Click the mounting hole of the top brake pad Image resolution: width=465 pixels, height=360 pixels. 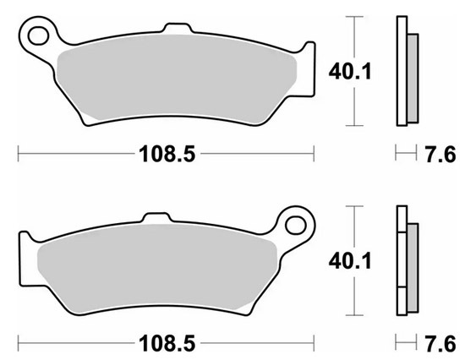click(38, 35)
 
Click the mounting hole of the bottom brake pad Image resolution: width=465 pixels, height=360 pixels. click(296, 225)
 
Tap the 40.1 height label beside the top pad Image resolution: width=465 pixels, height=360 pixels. click(350, 72)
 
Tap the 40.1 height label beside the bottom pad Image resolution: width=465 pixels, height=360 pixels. click(350, 261)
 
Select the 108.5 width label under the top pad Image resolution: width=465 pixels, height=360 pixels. click(167, 154)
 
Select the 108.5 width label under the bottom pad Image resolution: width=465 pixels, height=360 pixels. click(167, 343)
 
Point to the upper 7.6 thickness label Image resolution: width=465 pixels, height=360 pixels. click(440, 154)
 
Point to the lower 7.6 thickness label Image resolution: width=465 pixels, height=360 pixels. click(440, 344)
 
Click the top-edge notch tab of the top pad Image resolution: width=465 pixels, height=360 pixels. click(178, 27)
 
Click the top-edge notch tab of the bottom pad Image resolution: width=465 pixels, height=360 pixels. click(157, 217)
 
